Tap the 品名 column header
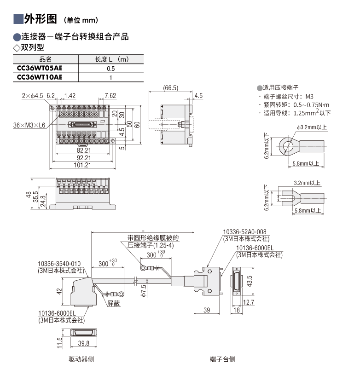[x=46, y=59]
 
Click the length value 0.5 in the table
[x=110, y=69]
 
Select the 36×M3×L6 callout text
[x=29, y=125]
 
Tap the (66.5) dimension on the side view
[x=170, y=88]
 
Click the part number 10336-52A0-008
[x=244, y=232]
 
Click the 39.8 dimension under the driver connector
[x=83, y=343]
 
